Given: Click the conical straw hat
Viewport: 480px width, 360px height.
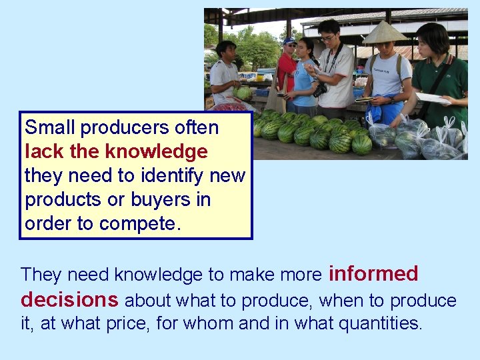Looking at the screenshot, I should coord(384,33).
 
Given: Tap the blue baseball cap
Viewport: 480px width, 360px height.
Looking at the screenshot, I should coord(289,41).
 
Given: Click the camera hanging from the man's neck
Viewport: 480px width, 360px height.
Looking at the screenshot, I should coord(321,89).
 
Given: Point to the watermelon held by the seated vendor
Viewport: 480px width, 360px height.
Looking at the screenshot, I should coord(244,93).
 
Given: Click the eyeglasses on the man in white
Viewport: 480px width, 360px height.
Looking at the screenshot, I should coord(327,38).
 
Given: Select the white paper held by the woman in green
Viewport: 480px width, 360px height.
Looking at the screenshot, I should coord(432,98).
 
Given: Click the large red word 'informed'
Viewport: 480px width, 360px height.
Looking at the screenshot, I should coord(373,273).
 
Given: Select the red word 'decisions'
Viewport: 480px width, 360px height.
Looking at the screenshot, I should coord(69,300).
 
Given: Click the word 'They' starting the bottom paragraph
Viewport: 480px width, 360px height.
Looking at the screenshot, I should coord(42,275).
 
